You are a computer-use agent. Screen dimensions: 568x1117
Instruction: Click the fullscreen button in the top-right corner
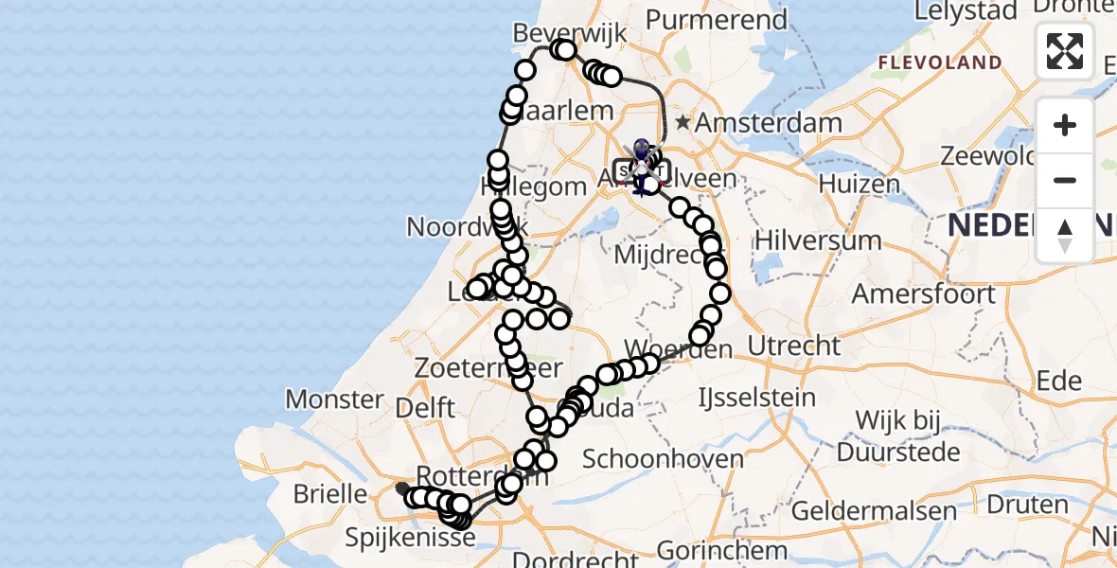coord(1065,51)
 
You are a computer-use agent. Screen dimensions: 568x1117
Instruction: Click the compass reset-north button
coord(1065,235)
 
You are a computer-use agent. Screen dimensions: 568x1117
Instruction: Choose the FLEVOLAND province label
coord(940,63)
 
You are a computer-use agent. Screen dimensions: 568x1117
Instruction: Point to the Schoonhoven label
coord(663,460)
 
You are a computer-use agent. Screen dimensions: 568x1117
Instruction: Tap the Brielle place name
coord(330,493)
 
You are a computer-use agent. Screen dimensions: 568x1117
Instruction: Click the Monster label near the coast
coord(334,399)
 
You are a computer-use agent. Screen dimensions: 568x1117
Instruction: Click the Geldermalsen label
coord(874,511)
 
